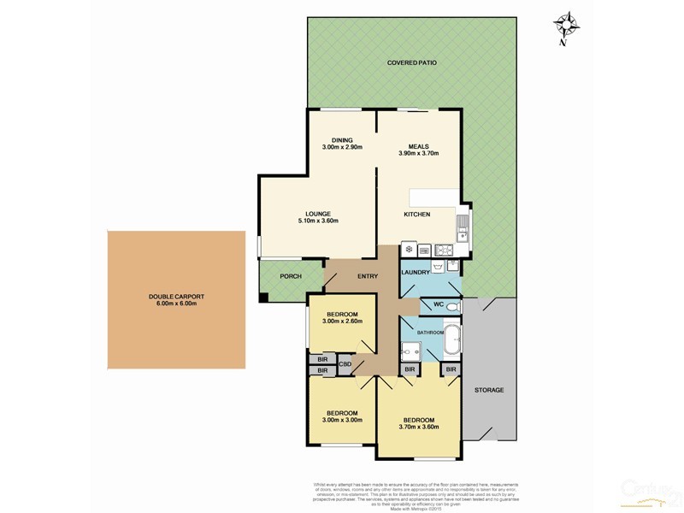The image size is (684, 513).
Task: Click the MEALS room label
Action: point(418,146)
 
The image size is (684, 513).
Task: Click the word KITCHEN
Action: point(417,214)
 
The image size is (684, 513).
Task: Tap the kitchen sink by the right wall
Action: point(463,227)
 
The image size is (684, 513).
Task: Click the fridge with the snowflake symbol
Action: point(408,250)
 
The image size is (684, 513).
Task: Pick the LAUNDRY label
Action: point(416,273)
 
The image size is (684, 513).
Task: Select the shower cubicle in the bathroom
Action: point(410,351)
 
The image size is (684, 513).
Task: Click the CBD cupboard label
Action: point(345,365)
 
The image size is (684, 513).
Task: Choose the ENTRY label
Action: point(368,275)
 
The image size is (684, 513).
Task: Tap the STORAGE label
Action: point(489,390)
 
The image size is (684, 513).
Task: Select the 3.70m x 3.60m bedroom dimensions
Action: point(419,427)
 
